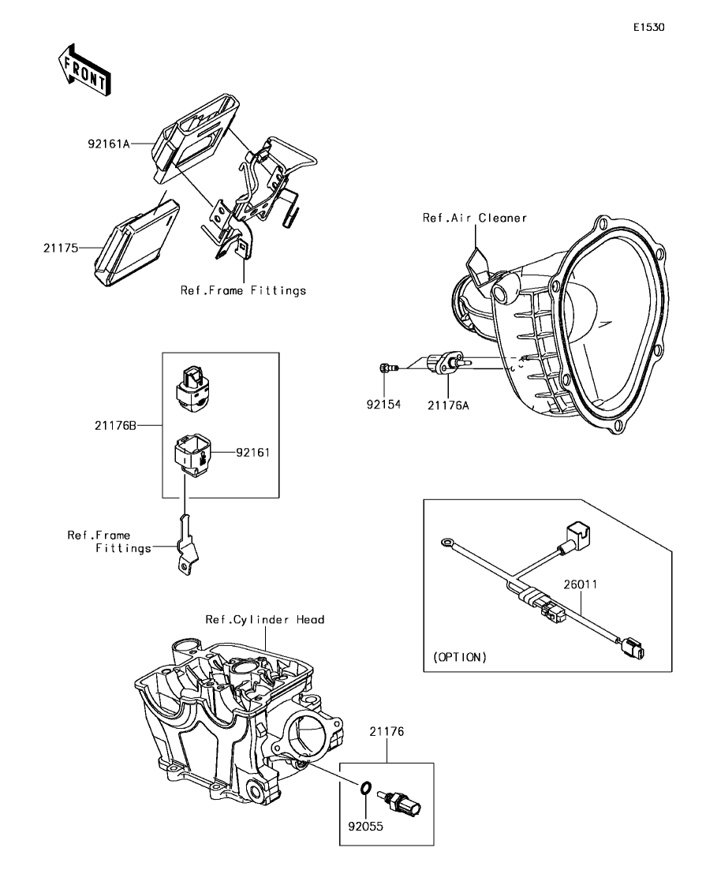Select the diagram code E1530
648,27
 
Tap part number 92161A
109,144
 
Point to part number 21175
61,248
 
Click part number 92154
384,405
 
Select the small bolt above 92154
384,367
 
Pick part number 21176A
449,405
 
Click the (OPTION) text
460,656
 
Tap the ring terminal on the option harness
449,543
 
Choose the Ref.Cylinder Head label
265,620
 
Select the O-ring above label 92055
366,788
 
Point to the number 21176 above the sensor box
387,732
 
